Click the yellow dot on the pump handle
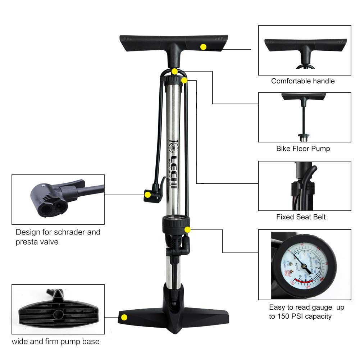(x=203, y=47)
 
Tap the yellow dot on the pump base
(x=124, y=317)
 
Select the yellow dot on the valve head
(x=147, y=195)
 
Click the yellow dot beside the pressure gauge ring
(x=187, y=229)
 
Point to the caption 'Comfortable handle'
(x=303, y=81)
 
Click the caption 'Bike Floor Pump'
(x=303, y=149)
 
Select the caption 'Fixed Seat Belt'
(x=301, y=217)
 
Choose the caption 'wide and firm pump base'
(x=55, y=341)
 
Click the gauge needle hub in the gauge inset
(x=304, y=266)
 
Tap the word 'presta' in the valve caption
(x=27, y=242)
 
